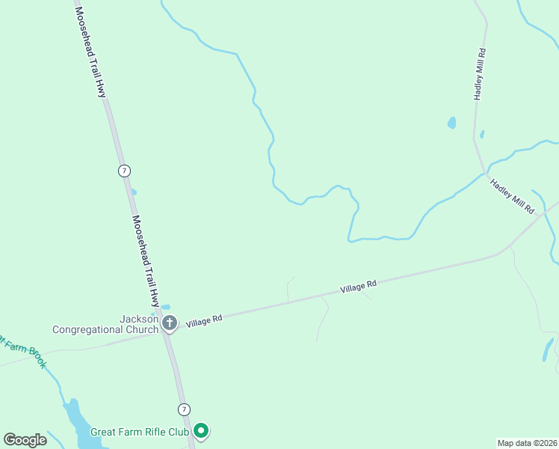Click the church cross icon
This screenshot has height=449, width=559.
170,323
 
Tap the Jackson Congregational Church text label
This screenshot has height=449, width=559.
106,324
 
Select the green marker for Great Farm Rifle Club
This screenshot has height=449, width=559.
201,430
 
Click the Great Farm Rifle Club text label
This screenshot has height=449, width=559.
140,432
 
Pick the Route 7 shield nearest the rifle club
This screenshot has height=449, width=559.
184,409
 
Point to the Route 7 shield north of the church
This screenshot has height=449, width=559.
124,171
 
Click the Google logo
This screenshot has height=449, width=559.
25,440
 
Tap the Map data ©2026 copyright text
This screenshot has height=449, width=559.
527,442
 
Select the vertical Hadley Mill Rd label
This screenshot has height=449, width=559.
481,75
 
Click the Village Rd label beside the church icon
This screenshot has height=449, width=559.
204,320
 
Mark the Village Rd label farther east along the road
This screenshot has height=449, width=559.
358,286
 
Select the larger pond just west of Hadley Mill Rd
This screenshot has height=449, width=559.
451,122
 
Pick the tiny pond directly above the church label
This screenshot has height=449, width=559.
165,307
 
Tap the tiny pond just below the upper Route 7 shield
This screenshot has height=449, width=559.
134,192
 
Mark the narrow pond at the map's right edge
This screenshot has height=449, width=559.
549,349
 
